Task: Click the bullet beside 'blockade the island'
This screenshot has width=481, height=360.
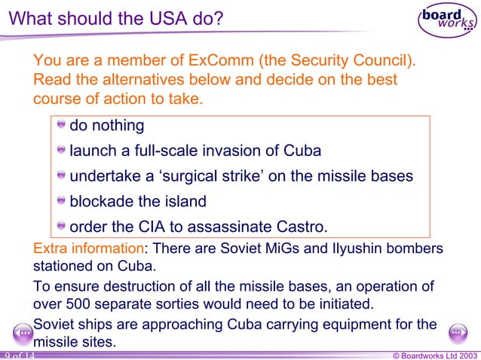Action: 62,201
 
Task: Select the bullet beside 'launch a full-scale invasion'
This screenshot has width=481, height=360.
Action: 62,151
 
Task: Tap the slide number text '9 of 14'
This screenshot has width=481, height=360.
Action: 18,354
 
